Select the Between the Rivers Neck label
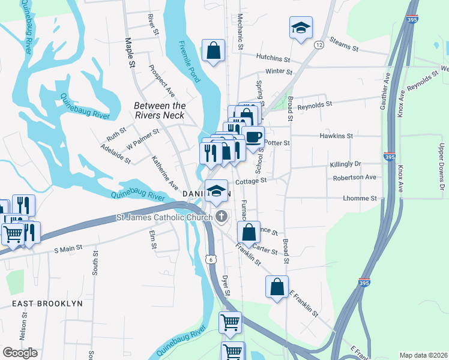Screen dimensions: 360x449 pyautogui.click(x=159, y=110)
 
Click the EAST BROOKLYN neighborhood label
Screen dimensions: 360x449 pyautogui.click(x=47, y=304)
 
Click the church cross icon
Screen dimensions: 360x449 pyautogui.click(x=221, y=216)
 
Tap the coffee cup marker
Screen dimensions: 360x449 pyautogui.click(x=253, y=136)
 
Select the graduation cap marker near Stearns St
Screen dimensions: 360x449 pyautogui.click(x=301, y=28)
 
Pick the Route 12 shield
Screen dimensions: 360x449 pyautogui.click(x=319, y=45)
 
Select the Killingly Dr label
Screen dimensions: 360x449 pyautogui.click(x=345, y=164)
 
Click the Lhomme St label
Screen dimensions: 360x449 pyautogui.click(x=360, y=198)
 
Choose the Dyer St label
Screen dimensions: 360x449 pyautogui.click(x=226, y=285)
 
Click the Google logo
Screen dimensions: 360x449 pyautogui.click(x=20, y=352)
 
